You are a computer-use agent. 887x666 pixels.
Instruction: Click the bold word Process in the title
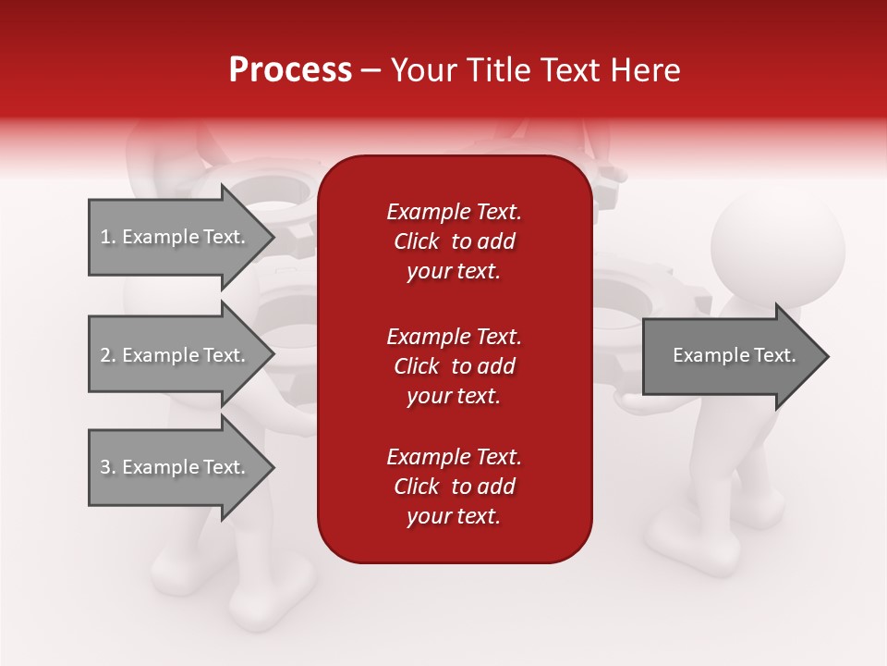coord(290,69)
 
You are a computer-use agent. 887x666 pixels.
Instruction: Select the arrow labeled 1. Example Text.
coord(176,237)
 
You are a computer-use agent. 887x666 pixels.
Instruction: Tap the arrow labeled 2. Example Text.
coord(176,355)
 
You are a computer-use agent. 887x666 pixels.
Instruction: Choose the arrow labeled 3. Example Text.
coord(176,467)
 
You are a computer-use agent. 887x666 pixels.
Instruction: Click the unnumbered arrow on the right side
coord(730,356)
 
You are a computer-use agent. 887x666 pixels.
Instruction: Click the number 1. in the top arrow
coord(108,237)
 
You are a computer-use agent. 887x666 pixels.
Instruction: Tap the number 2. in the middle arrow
coord(108,355)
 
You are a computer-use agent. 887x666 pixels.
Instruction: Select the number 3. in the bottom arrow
coord(108,467)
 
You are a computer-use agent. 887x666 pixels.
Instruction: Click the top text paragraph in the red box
coord(454,241)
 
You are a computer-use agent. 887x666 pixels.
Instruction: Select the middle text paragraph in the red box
coord(454,365)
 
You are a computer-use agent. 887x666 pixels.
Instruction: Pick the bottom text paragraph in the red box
coord(454,487)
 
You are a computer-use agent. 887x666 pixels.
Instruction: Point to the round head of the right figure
coord(778,245)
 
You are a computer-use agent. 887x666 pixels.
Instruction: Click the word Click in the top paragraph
coord(417,241)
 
